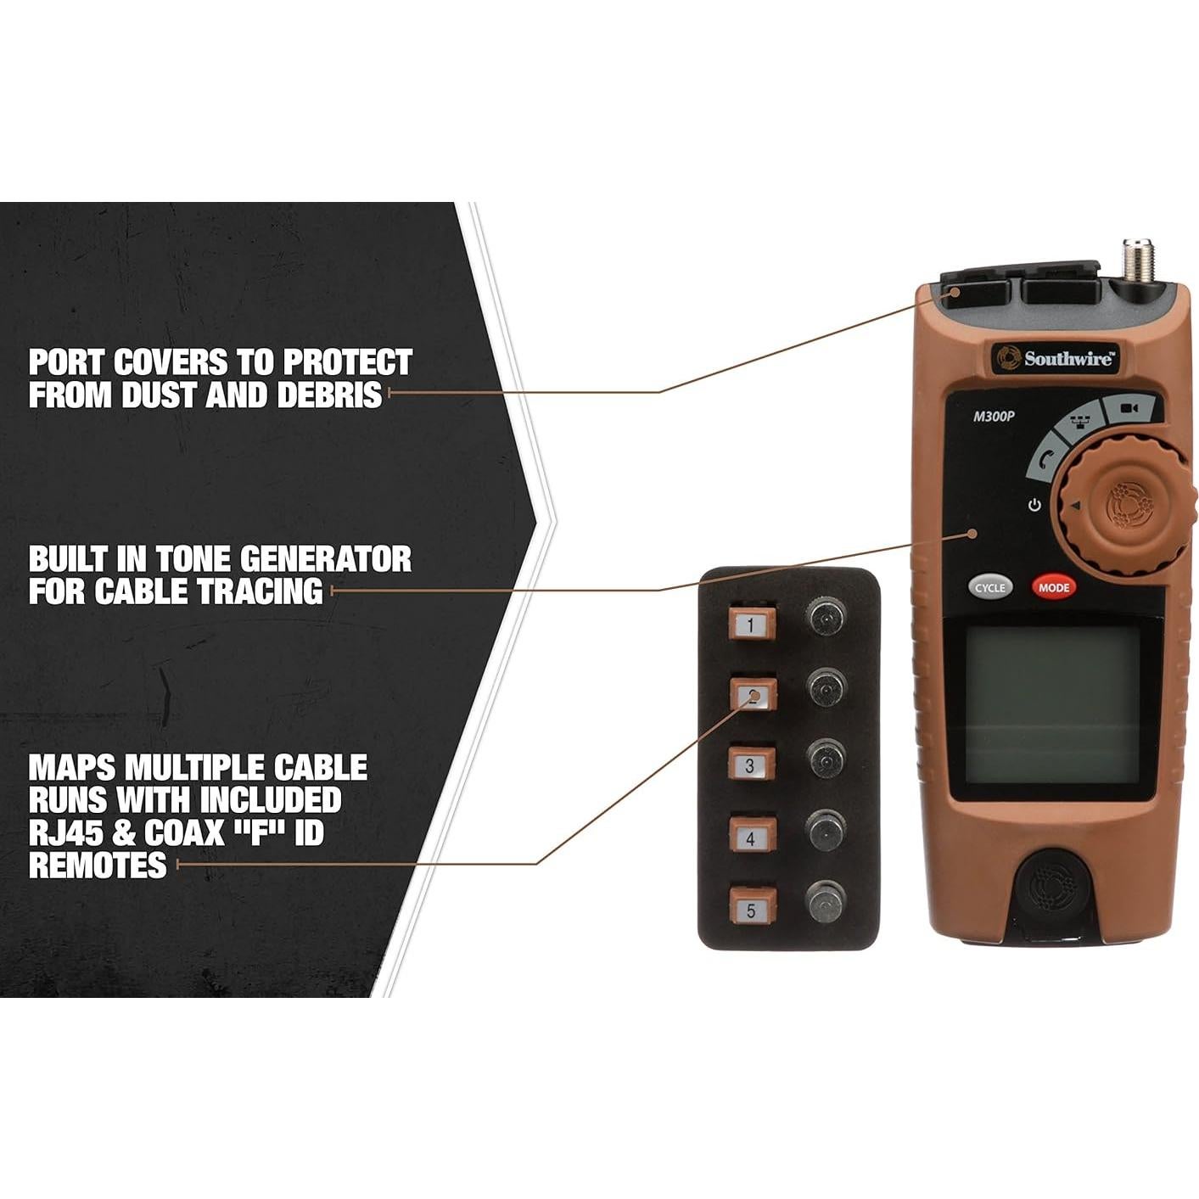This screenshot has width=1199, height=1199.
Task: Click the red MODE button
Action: (x=1053, y=587)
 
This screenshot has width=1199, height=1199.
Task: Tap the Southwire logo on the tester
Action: (x=1055, y=358)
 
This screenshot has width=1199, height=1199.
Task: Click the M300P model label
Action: (x=994, y=416)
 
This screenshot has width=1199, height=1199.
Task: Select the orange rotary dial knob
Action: (x=1123, y=506)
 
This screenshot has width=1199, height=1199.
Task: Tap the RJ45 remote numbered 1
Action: (x=751, y=625)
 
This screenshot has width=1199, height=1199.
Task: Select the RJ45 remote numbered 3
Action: (x=751, y=765)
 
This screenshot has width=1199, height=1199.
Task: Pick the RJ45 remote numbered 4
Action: (x=751, y=837)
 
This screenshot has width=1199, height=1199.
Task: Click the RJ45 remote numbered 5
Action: (x=751, y=910)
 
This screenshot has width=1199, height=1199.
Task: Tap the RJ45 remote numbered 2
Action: (x=753, y=696)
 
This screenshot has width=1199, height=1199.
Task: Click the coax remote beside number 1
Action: (x=825, y=617)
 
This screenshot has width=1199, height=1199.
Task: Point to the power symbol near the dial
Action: (x=1034, y=505)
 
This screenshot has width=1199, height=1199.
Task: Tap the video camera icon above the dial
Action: (x=1128, y=408)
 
